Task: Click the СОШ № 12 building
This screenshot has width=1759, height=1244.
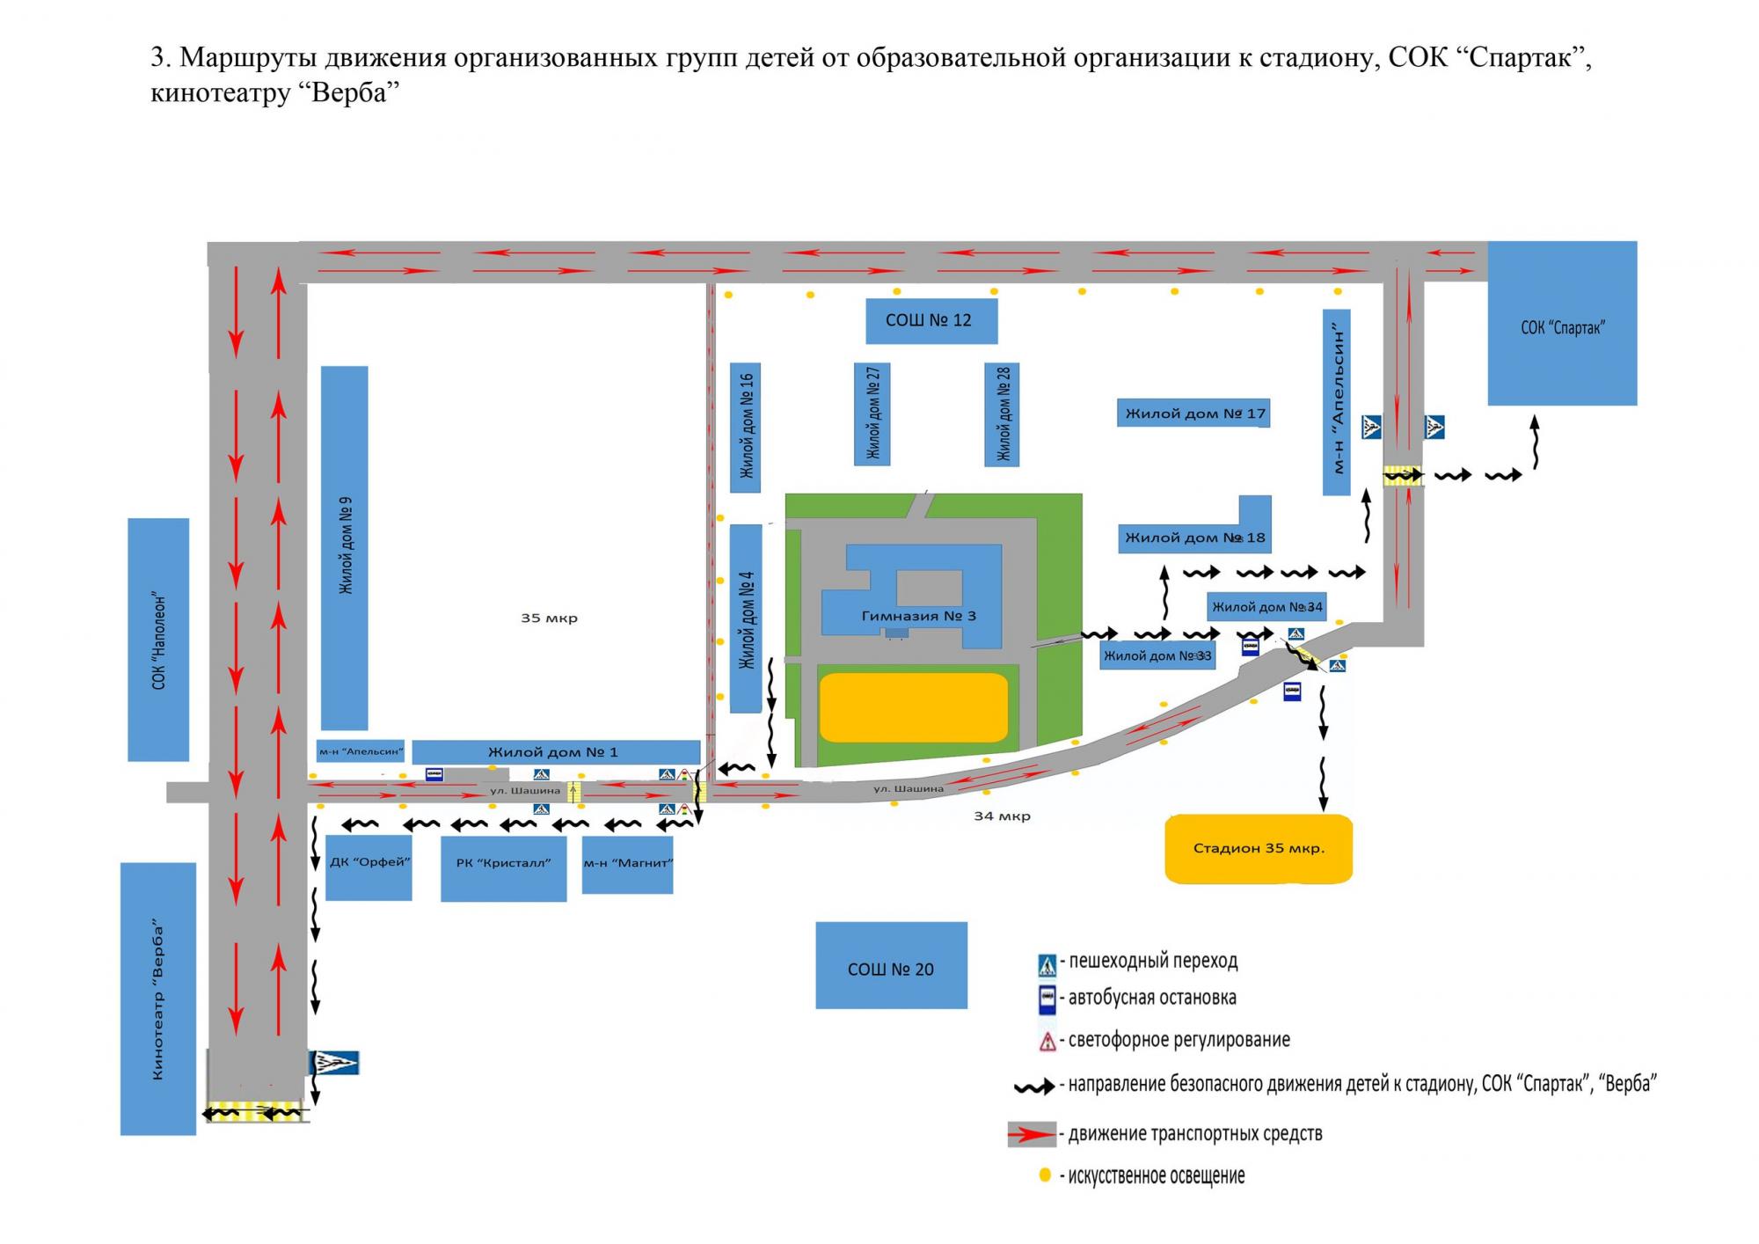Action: pyautogui.click(x=931, y=321)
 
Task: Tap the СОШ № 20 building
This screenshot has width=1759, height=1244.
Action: pyautogui.click(x=891, y=965)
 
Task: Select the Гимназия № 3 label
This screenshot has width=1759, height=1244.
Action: pyautogui.click(x=918, y=616)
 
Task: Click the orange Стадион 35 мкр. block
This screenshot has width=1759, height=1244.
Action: pyautogui.click(x=1259, y=849)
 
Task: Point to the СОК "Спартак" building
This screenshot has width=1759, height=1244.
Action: pyautogui.click(x=1562, y=323)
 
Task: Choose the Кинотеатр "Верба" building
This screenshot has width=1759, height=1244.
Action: pyautogui.click(x=158, y=999)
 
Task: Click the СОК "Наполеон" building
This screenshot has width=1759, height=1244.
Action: pyautogui.click(x=158, y=640)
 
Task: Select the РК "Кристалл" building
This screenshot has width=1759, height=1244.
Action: pyautogui.click(x=503, y=867)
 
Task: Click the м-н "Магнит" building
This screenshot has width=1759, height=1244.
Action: pyautogui.click(x=627, y=865)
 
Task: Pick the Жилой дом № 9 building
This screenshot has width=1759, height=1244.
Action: pyautogui.click(x=344, y=548)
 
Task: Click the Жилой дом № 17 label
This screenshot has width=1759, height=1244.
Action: pyautogui.click(x=1195, y=413)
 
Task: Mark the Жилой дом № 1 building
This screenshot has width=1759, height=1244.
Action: pyautogui.click(x=556, y=752)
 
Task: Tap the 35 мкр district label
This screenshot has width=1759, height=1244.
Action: pyautogui.click(x=549, y=618)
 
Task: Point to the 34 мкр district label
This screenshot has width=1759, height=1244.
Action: pyautogui.click(x=1002, y=816)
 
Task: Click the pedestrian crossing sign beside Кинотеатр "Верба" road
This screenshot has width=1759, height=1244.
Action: pyautogui.click(x=334, y=1063)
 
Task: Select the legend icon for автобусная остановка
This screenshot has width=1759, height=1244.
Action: pyautogui.click(x=1047, y=999)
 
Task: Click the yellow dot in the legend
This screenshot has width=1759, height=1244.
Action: pyautogui.click(x=1045, y=1174)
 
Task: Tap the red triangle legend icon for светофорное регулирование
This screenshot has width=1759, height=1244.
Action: pyautogui.click(x=1047, y=1042)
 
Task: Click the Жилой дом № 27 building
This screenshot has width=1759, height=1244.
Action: pyautogui.click(x=872, y=413)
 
